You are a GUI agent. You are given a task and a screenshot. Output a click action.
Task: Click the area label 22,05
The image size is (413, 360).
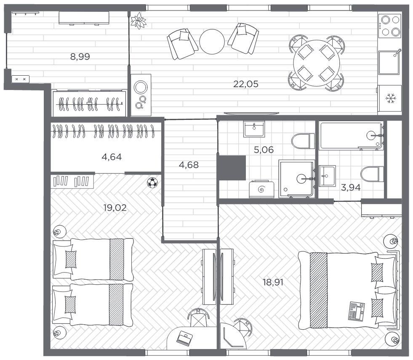click(246, 84)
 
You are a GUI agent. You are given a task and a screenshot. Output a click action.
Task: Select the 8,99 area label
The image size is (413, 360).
click(80, 57)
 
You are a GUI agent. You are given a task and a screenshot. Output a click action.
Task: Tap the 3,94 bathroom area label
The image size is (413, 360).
click(351, 188)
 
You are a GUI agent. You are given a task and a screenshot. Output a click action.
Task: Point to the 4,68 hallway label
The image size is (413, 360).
click(189, 165)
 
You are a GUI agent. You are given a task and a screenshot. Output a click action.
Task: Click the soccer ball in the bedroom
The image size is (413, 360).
click(152, 183)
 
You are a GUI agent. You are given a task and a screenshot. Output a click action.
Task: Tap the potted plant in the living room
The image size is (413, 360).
click(138, 21)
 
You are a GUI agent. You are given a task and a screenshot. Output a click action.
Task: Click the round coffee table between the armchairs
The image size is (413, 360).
click(212, 42)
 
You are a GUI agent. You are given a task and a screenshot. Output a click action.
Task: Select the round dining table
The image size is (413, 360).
click(317, 63)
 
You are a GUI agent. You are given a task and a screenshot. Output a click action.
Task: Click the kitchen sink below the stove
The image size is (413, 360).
click(390, 62)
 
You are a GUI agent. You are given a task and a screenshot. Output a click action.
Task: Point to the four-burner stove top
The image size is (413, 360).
click(390, 26)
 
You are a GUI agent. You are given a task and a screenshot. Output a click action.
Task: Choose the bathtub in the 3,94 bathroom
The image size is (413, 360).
click(352, 136)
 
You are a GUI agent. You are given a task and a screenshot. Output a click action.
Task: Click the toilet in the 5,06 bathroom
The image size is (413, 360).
click(303, 141)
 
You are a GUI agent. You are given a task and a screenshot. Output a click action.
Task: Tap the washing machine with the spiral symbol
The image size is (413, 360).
click(261, 189)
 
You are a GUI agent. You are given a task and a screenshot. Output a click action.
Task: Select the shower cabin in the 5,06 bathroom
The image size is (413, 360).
click(297, 179)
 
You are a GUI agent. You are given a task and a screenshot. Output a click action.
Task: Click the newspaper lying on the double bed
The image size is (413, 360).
click(357, 311)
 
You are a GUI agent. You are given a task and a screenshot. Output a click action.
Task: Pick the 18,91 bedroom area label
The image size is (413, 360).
click(273, 282)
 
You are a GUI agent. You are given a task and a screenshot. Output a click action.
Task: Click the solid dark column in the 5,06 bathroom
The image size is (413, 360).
click(231, 168)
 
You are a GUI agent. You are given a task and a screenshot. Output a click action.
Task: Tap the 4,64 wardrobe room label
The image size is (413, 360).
click(112, 157)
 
